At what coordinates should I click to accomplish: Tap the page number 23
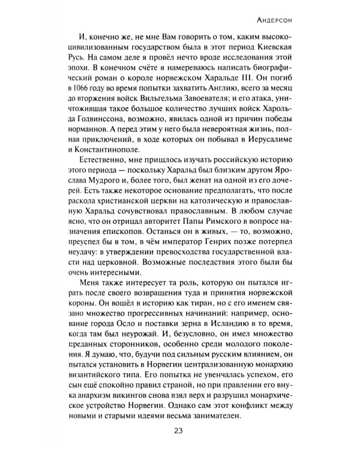coord(180,429)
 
